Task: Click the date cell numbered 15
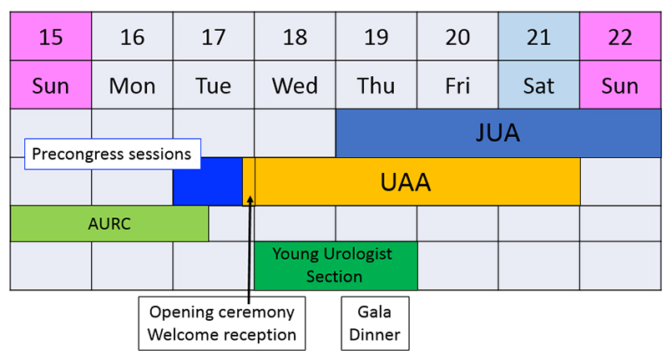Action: (x=51, y=37)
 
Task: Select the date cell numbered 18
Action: (x=295, y=37)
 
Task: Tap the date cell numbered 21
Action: (x=539, y=37)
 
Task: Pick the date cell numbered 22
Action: (x=620, y=37)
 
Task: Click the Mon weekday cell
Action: (x=133, y=85)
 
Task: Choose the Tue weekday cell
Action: (x=214, y=85)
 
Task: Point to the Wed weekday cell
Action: (x=295, y=85)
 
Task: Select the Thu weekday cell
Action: (x=376, y=85)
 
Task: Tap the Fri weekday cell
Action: (x=457, y=85)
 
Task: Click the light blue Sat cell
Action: (x=539, y=85)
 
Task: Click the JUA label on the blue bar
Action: (x=498, y=133)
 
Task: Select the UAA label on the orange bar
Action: (x=406, y=182)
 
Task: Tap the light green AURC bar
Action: (x=109, y=224)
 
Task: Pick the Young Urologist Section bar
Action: (x=336, y=266)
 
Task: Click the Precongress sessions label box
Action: (x=113, y=154)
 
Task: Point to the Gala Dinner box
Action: (x=375, y=323)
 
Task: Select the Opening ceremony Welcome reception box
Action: (x=222, y=323)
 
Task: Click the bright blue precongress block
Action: (x=208, y=181)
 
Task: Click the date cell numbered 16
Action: (x=133, y=37)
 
